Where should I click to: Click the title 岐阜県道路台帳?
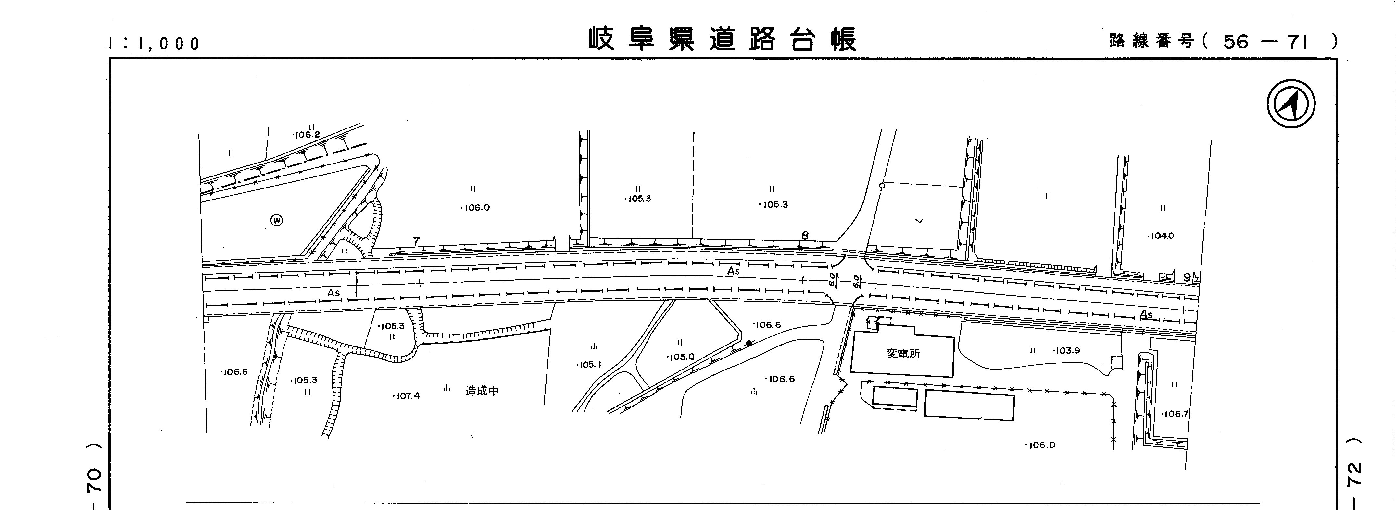click(x=723, y=39)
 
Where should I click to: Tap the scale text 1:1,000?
click(x=155, y=43)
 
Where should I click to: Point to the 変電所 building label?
click(x=903, y=354)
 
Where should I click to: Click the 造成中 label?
click(x=482, y=391)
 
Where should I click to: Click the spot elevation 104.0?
click(x=1161, y=236)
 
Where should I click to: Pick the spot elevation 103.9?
click(x=1066, y=351)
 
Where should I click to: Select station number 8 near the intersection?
click(x=805, y=236)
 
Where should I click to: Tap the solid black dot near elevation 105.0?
click(x=749, y=343)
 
